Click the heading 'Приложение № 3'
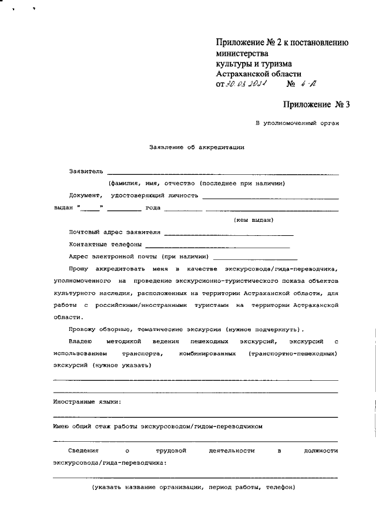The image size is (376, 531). point(316,105)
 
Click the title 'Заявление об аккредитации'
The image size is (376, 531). point(196,147)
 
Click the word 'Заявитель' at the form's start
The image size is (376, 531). point(86,172)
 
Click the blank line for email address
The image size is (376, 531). point(256,258)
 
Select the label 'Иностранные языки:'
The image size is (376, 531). point(87,402)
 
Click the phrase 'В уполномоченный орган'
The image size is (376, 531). point(297,123)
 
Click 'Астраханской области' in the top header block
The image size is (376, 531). point(258,74)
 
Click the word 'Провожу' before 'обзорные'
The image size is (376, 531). point(82,329)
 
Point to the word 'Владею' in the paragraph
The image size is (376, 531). point(81,341)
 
